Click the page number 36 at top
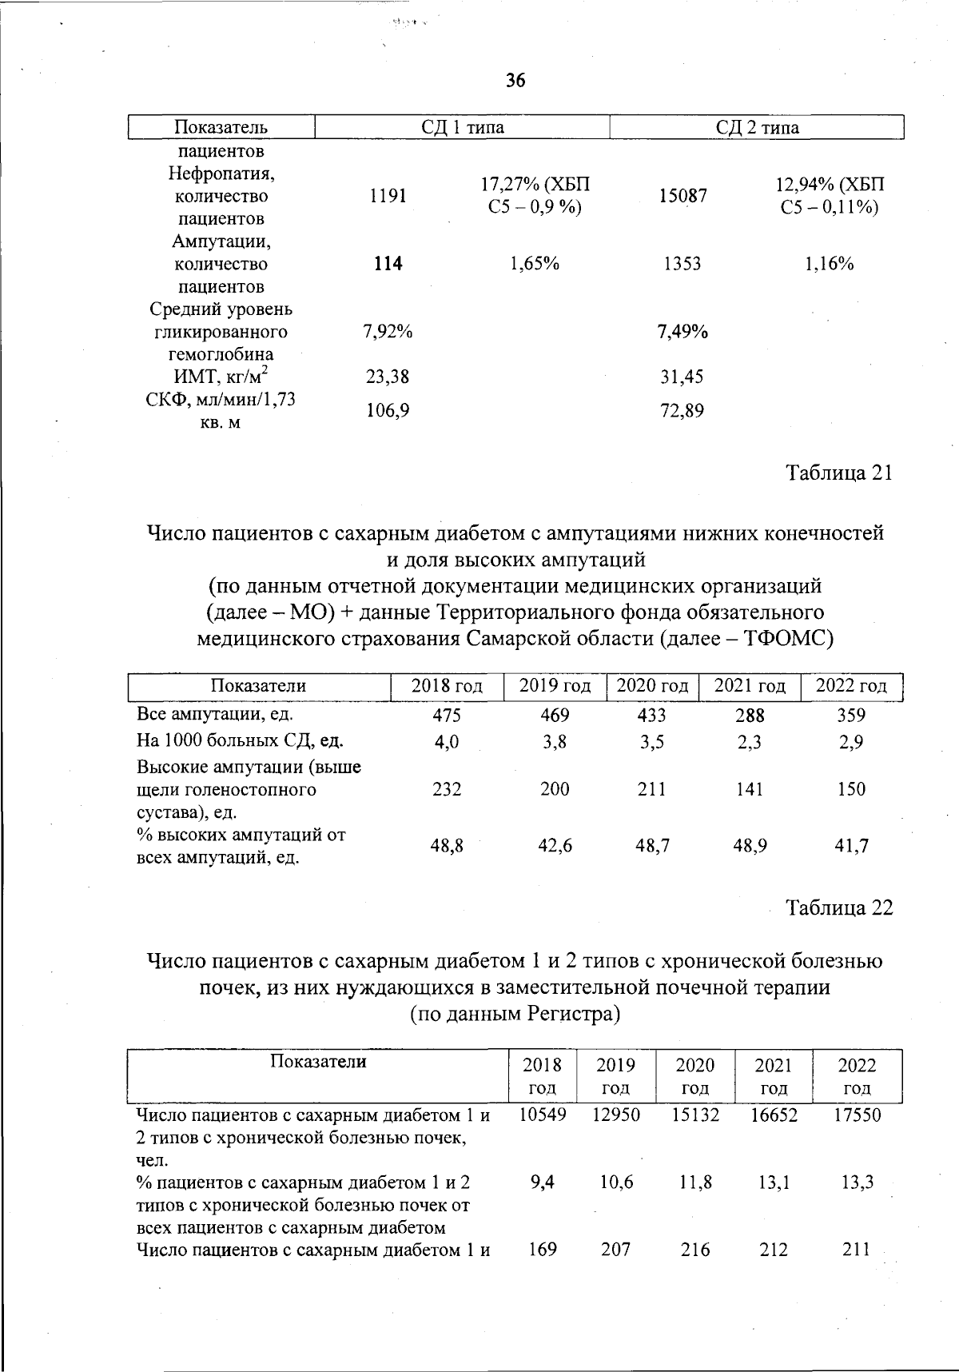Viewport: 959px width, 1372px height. (x=515, y=80)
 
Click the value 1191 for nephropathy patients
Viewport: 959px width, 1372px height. (x=388, y=196)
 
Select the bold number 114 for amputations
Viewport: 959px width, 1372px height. (x=388, y=264)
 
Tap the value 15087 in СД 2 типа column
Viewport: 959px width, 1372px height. (x=682, y=196)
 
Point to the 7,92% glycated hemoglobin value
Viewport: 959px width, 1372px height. (x=388, y=332)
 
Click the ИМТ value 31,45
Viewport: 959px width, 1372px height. (x=682, y=377)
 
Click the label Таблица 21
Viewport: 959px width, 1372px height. (x=839, y=473)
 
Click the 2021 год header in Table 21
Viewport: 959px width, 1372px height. (x=750, y=686)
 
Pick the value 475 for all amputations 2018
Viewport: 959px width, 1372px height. (x=447, y=715)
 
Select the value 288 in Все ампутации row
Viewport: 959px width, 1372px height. (x=750, y=715)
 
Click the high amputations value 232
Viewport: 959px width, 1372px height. (x=447, y=789)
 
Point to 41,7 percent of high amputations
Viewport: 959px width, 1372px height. (x=852, y=845)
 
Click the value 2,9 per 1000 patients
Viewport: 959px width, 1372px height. (x=852, y=742)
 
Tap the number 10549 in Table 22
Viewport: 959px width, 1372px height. (x=543, y=1115)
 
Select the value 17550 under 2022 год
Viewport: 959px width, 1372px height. (x=857, y=1115)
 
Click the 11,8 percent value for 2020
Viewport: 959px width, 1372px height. (x=695, y=1182)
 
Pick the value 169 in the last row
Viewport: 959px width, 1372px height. (x=543, y=1249)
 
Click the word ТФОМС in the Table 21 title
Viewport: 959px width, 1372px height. (x=787, y=639)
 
